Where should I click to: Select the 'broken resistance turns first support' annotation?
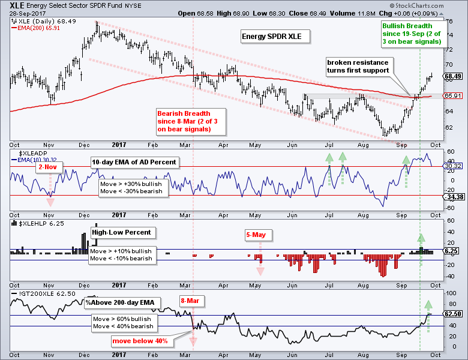point(357,66)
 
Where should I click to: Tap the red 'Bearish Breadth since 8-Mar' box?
point(183,121)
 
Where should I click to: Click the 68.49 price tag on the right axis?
point(453,77)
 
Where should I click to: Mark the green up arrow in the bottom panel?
point(428,305)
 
